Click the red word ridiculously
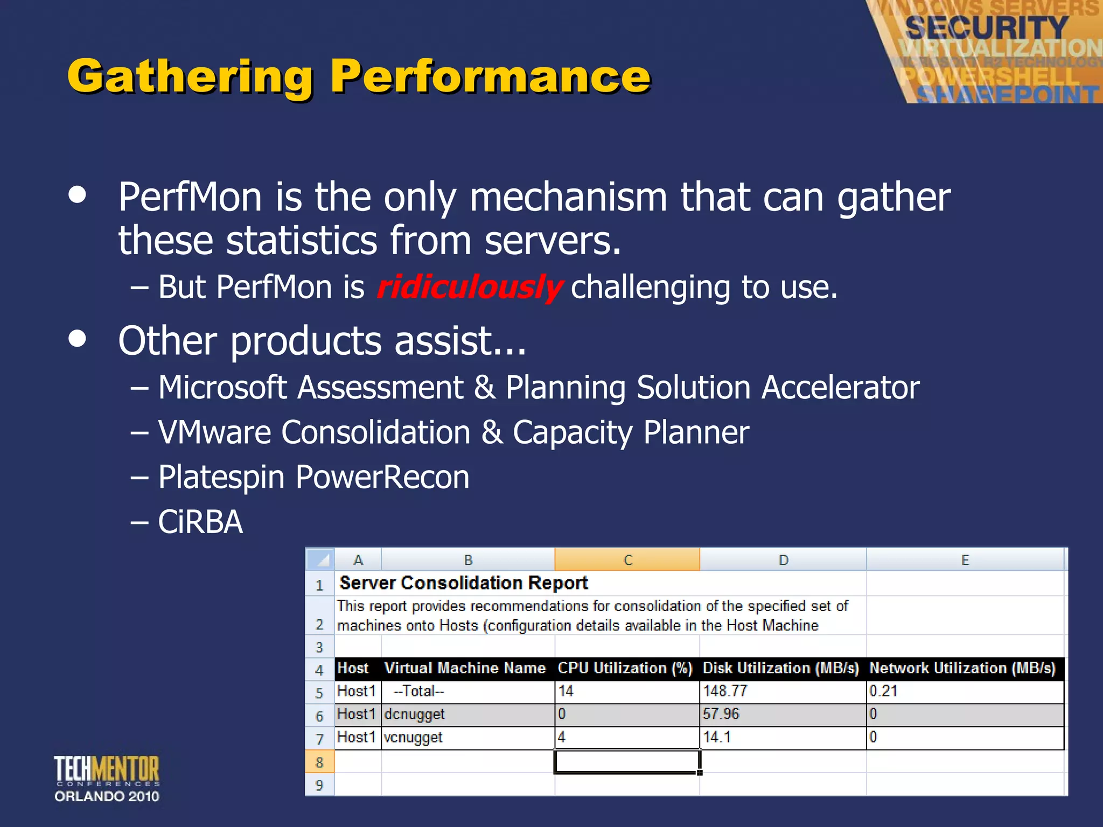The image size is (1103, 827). pos(470,288)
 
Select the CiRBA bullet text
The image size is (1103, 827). pos(200,522)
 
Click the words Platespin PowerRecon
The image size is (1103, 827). pos(313,478)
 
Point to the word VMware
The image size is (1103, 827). pos(214,432)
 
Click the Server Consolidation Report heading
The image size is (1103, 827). pos(463,583)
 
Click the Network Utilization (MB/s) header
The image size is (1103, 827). pos(962,668)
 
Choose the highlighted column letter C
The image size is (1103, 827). pos(627,560)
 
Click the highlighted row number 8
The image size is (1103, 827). pos(319,762)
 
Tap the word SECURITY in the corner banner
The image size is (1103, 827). pos(986,27)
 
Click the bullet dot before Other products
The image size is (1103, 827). pos(78,339)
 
